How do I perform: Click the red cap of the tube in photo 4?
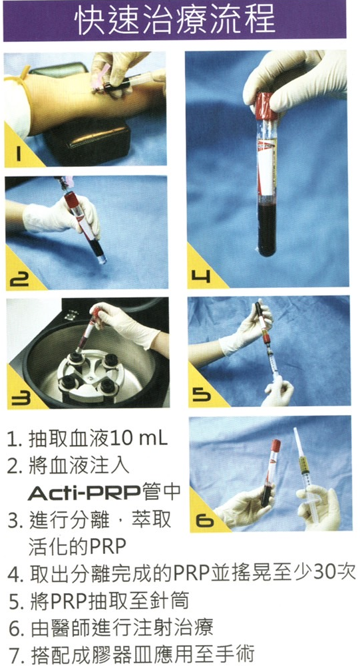tap(266, 106)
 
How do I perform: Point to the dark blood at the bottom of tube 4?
tap(267, 229)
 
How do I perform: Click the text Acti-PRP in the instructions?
tap(84, 493)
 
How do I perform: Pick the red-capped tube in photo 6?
tap(271, 472)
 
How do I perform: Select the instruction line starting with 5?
tap(98, 600)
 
